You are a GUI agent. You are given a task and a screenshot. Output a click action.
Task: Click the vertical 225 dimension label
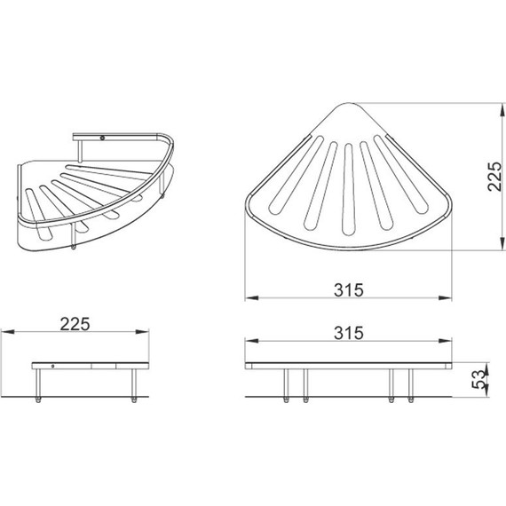(x=495, y=176)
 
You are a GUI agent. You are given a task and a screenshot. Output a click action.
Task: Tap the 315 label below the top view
(x=349, y=289)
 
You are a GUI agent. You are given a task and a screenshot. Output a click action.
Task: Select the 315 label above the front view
(x=349, y=333)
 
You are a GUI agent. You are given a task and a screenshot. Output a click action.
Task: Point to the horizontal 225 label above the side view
(x=75, y=324)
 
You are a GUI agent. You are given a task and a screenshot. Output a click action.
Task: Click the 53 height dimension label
(x=478, y=379)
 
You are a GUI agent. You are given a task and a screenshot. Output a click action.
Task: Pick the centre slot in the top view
(x=348, y=189)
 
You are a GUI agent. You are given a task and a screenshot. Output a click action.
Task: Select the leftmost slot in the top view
(x=296, y=175)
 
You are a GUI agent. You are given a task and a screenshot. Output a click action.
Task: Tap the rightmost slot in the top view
(x=400, y=174)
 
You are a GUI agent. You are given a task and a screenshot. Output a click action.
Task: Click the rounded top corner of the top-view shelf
(x=348, y=104)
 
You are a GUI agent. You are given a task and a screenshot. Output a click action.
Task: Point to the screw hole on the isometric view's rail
(x=103, y=138)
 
